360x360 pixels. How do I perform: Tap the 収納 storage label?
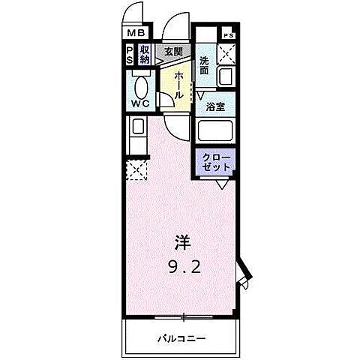(145, 55)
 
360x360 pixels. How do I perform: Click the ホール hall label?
(181, 83)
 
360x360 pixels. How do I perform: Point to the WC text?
(140, 104)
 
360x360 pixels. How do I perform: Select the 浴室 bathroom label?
(217, 106)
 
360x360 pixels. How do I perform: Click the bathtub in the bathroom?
(216, 132)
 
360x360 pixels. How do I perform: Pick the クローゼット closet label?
(217, 161)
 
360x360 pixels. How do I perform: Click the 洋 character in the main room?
(182, 241)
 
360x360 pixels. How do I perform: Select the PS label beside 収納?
(130, 55)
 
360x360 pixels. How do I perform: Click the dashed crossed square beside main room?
(136, 169)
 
